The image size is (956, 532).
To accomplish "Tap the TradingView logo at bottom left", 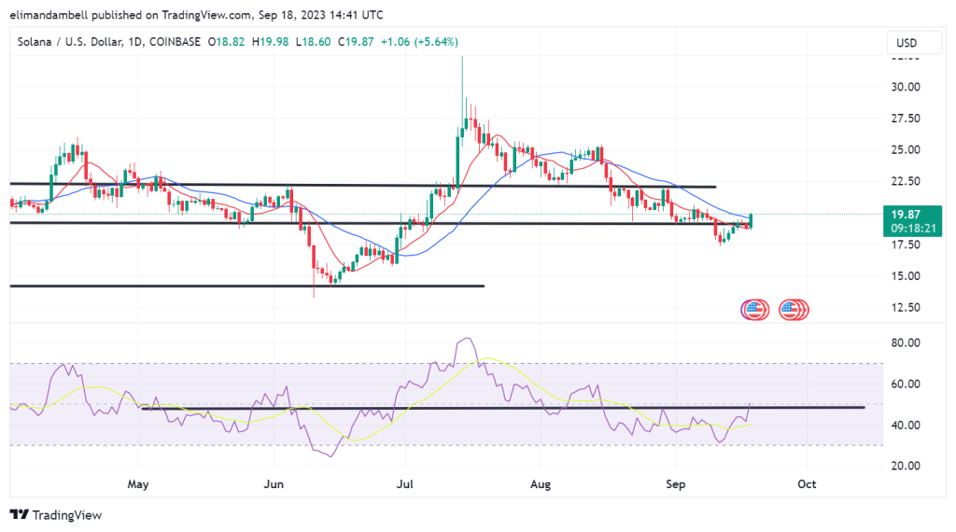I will point(55,515).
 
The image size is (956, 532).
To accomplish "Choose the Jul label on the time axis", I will point(405,484).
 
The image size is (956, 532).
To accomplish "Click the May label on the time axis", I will point(138,484).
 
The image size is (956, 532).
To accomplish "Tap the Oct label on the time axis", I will point(807,484).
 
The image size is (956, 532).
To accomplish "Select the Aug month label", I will point(541,484).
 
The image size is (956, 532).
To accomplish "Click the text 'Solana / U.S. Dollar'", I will point(70,42).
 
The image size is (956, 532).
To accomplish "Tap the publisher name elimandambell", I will point(57,14).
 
